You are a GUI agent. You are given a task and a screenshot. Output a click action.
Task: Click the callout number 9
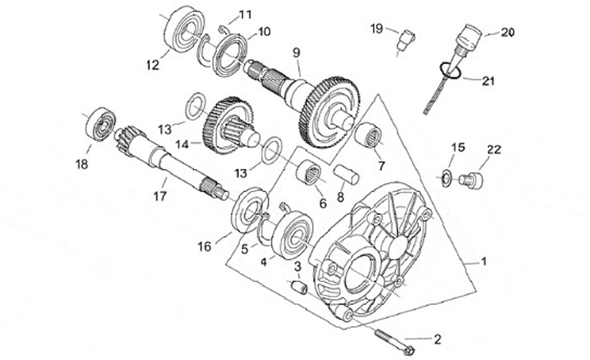(x=297, y=52)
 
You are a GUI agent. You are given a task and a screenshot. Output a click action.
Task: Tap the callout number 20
(x=507, y=33)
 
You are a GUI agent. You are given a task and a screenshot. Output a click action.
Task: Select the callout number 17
(x=160, y=196)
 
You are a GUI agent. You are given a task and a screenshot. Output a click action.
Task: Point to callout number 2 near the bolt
(x=437, y=339)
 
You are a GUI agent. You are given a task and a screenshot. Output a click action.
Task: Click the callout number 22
(x=494, y=149)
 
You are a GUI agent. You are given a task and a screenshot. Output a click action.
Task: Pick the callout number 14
(x=182, y=144)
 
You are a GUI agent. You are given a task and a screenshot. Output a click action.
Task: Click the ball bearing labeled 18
(x=101, y=125)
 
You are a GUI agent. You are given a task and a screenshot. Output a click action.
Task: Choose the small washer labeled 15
(x=447, y=179)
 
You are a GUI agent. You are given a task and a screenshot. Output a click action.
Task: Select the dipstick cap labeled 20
(x=468, y=38)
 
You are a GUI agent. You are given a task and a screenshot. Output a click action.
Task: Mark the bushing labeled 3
(x=300, y=287)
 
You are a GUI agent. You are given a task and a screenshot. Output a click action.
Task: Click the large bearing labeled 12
(x=184, y=29)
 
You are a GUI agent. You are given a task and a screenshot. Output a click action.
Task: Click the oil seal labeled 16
(x=250, y=210)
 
